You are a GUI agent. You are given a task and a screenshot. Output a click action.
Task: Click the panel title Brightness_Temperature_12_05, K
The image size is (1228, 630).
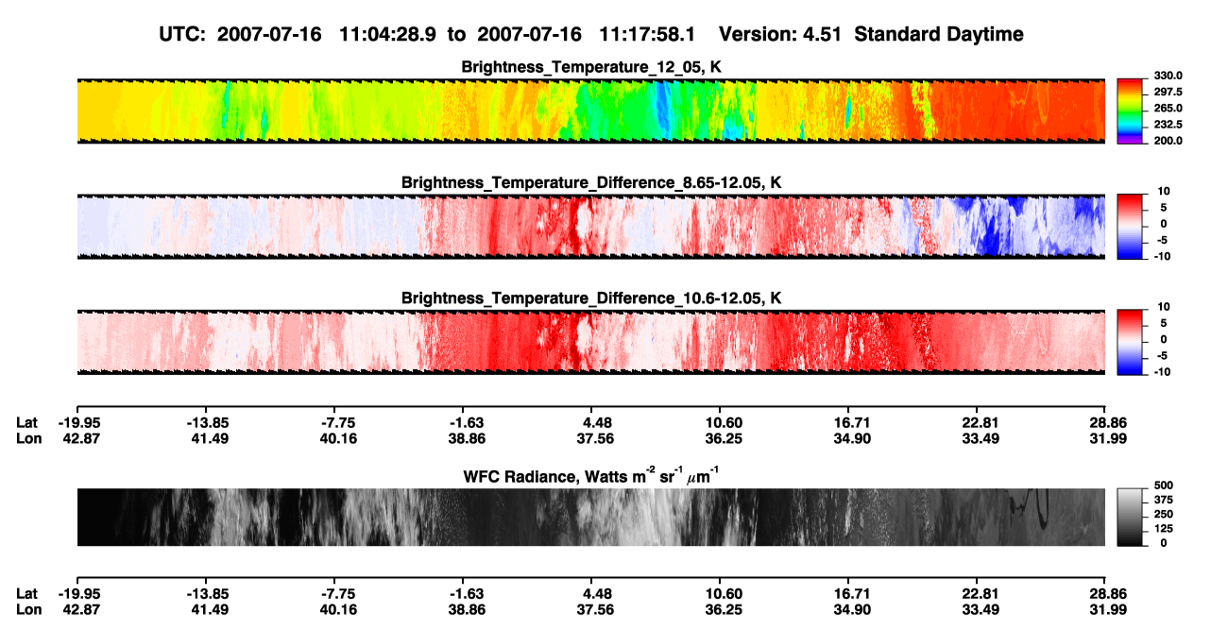[591, 67]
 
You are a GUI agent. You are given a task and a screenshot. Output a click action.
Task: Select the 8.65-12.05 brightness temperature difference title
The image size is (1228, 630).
[591, 182]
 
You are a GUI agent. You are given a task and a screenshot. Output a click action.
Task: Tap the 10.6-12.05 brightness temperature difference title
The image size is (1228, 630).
[591, 298]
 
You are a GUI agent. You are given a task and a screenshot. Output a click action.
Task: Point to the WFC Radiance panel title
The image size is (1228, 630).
[591, 476]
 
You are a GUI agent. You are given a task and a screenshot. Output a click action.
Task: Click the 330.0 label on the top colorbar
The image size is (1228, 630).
[1168, 76]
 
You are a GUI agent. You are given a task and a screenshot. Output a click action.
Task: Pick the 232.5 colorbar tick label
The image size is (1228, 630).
[1168, 125]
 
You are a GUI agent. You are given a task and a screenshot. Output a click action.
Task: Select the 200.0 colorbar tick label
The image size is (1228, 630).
[1168, 141]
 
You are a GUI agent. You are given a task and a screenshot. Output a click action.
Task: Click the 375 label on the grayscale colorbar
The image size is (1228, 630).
[1163, 500]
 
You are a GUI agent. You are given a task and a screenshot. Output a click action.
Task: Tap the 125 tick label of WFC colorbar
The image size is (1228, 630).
[1163, 529]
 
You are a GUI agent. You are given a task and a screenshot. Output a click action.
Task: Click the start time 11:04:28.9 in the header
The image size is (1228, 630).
[387, 35]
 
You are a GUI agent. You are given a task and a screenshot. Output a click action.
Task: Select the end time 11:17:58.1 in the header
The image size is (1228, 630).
[647, 35]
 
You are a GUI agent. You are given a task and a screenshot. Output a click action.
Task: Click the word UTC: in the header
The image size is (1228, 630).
[182, 35]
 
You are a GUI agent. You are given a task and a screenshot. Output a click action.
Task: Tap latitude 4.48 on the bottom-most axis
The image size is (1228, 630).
[595, 594]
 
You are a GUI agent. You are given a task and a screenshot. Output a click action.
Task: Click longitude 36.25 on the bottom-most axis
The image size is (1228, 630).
[724, 610]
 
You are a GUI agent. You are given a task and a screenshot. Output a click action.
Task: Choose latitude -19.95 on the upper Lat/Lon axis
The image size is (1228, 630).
[79, 423]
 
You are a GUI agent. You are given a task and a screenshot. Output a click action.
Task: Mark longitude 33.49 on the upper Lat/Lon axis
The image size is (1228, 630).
[981, 438]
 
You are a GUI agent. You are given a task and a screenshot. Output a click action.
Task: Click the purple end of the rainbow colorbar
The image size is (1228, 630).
[1130, 141]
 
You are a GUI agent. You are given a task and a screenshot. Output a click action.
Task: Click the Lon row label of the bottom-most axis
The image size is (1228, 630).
[29, 610]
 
